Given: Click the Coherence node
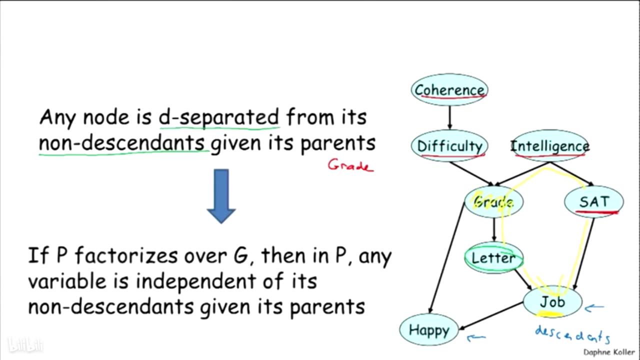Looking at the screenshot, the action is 449,89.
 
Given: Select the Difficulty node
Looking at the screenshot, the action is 449,145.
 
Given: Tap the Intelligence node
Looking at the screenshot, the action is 550,145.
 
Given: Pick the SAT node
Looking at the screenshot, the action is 594,201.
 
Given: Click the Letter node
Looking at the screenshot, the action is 494,257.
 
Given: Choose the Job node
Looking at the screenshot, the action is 552,301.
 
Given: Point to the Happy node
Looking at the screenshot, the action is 429,329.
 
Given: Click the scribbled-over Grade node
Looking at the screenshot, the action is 494,201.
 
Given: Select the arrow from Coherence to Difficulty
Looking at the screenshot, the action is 449,117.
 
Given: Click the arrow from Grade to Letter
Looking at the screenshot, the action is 494,229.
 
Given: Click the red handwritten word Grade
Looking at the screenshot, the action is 350,165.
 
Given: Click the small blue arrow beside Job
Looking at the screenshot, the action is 594,308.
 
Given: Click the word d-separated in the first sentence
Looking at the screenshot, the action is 219,117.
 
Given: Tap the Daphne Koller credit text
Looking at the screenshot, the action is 609,352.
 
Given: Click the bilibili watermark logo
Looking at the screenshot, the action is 25,344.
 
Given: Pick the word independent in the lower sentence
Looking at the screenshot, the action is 195,281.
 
